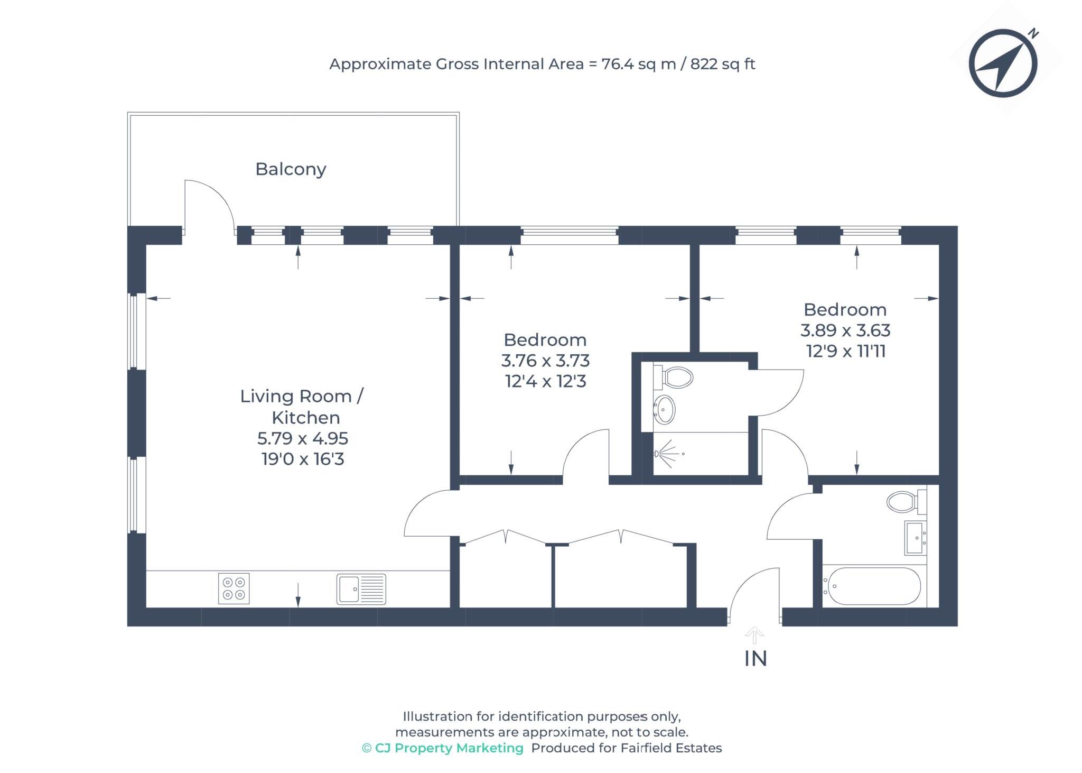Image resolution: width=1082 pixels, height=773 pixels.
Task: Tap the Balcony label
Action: [291, 169]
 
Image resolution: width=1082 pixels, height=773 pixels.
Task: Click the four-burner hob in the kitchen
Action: [234, 588]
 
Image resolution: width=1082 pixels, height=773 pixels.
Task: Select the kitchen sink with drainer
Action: [361, 588]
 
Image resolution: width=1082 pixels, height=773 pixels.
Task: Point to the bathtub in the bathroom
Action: [874, 586]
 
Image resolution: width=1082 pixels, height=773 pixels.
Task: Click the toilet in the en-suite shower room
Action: [676, 378]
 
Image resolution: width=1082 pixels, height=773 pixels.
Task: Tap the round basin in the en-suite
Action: [665, 409]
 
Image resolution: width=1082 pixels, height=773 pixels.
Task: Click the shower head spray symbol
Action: [667, 454]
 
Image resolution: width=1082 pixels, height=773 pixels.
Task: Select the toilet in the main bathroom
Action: [904, 501]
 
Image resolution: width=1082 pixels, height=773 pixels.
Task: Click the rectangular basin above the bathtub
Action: [916, 538]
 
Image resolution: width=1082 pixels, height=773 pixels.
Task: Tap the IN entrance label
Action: [755, 659]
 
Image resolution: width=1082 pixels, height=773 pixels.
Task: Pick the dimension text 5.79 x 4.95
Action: [303, 438]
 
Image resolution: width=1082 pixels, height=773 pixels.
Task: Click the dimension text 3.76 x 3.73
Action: [545, 361]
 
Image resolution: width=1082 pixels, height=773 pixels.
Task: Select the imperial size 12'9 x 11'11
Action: [845, 351]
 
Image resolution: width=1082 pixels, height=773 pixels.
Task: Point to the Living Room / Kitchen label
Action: [302, 407]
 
